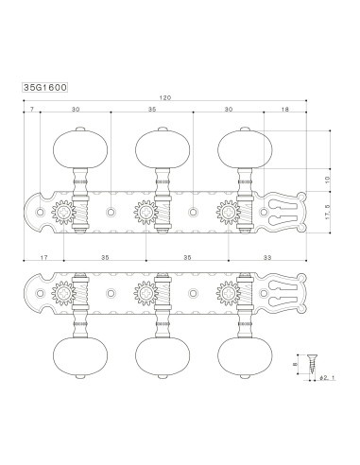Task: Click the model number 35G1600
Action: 43,85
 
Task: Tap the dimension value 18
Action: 284,111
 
